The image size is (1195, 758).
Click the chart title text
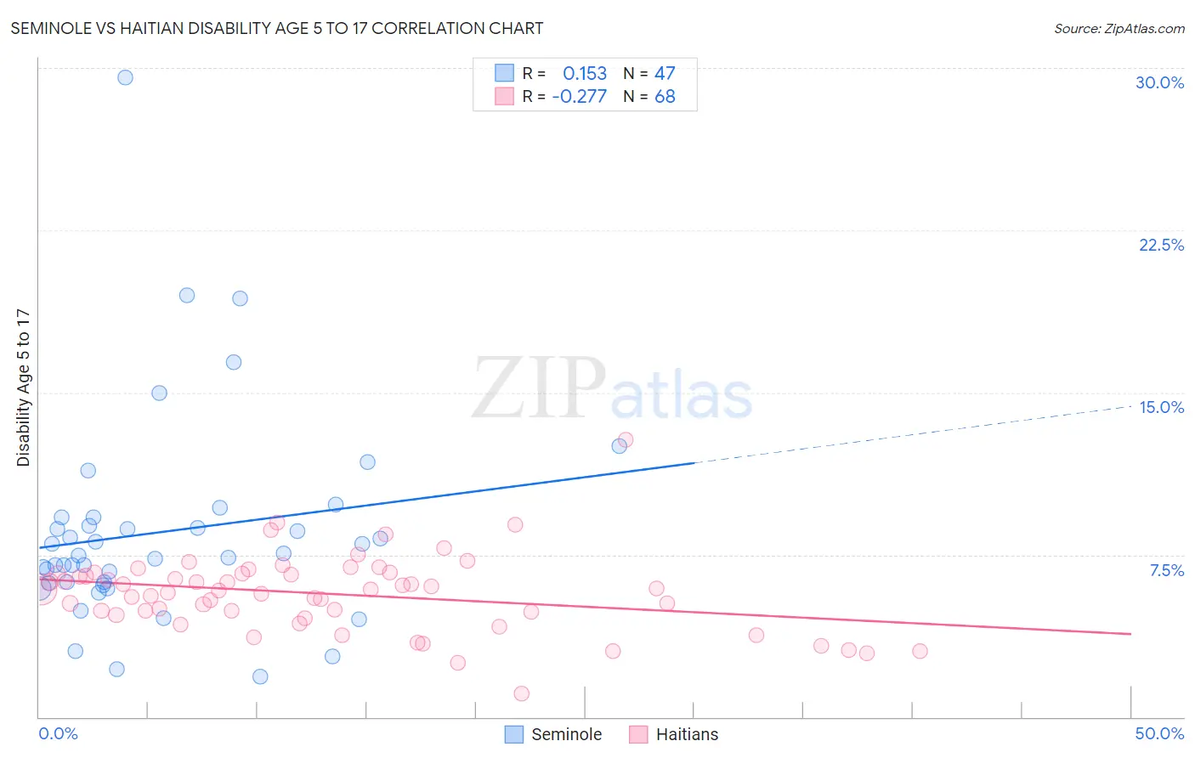click(277, 28)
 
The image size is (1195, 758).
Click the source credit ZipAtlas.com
click(1119, 28)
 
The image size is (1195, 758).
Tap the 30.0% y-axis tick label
click(1159, 82)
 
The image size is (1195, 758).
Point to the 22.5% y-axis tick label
click(1161, 245)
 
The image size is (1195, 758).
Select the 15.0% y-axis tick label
click(1161, 407)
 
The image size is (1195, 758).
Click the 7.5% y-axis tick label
click(1166, 570)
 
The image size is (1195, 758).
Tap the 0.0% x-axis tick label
click(58, 733)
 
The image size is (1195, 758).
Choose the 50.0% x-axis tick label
click(1159, 733)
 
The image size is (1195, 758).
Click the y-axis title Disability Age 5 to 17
click(23, 387)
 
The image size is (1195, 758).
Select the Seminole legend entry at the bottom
click(554, 734)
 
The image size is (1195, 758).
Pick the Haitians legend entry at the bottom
click(675, 734)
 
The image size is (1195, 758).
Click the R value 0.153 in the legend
click(585, 74)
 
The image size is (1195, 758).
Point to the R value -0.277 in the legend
click(580, 97)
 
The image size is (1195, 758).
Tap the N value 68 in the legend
click(665, 97)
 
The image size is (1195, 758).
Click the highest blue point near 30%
click(125, 77)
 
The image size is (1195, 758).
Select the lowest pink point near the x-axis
click(522, 693)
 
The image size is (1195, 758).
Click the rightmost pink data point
click(920, 651)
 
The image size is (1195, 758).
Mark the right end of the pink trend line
click(1130, 634)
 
